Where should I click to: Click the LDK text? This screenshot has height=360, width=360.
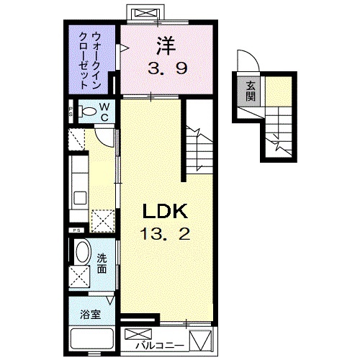(x=164, y=212)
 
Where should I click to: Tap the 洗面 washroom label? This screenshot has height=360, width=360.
(x=103, y=265)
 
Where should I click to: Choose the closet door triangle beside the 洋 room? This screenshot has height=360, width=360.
(x=124, y=48)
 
